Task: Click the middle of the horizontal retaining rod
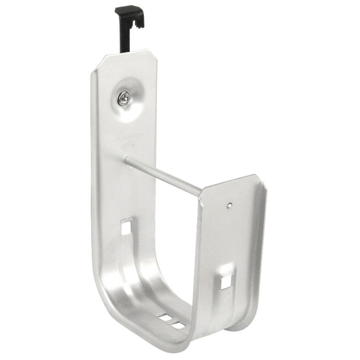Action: pos(163,176)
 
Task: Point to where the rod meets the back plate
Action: pos(127,161)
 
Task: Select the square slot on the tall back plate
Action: pos(127,226)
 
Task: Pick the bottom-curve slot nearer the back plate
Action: pos(165,317)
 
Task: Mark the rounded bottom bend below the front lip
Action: pos(240,322)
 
